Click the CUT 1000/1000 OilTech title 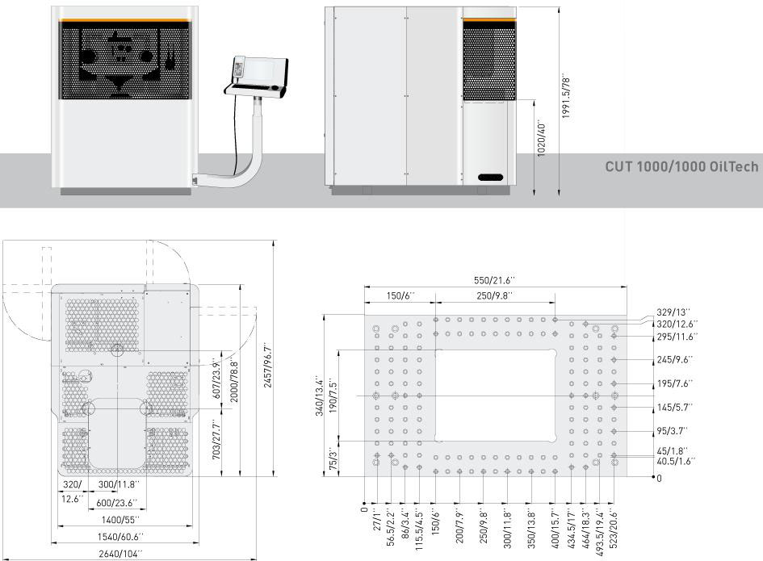(x=681, y=166)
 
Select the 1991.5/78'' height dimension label (x=566, y=98)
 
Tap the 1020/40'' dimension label (x=542, y=139)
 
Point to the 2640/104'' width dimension (x=120, y=554)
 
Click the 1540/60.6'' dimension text (x=120, y=537)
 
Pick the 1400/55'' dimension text (x=120, y=520)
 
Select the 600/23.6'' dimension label (x=117, y=503)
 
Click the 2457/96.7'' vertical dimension (x=267, y=365)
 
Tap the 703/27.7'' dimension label (x=216, y=442)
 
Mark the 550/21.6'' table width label (x=494, y=280)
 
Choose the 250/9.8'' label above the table (x=494, y=295)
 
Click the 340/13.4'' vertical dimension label (x=319, y=395)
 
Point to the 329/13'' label (x=673, y=312)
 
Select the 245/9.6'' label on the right (x=674, y=359)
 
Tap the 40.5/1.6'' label (x=676, y=461)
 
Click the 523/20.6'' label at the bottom (x=614, y=529)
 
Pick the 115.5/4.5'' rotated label (x=419, y=530)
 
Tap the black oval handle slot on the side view (x=490, y=177)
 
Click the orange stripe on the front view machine (x=124, y=20)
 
